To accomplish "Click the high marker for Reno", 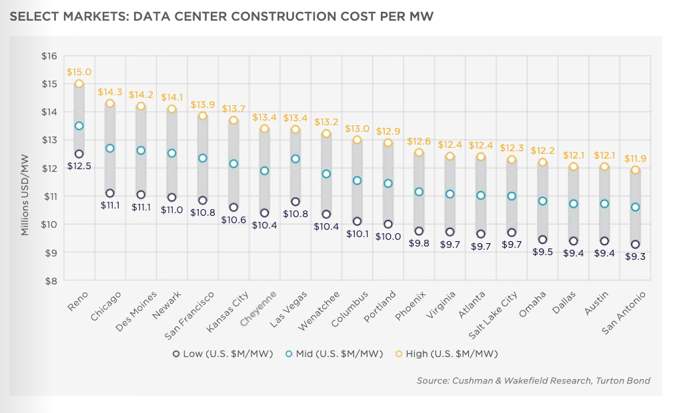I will click(79, 84).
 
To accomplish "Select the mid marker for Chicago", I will click(110, 148).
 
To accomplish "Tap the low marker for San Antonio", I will click(635, 244).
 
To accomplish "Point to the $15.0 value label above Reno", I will click(79, 72).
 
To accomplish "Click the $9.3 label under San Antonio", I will click(635, 257).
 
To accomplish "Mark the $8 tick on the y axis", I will click(50, 281).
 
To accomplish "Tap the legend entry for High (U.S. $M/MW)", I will click(446, 354).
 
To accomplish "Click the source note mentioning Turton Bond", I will click(533, 381).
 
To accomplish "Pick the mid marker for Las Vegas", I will click(295, 159).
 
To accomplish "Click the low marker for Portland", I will click(388, 224).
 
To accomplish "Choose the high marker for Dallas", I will click(573, 167).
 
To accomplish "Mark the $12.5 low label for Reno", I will click(79, 166).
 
